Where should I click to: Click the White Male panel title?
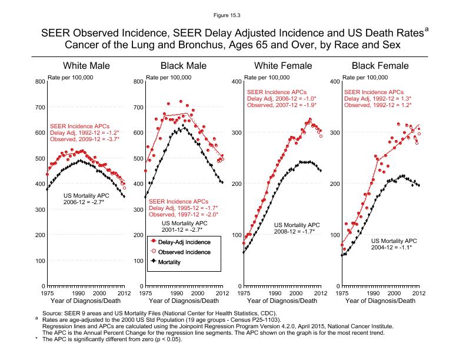coord(86,66)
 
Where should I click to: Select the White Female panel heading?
coord(282,66)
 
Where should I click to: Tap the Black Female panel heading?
coord(380,66)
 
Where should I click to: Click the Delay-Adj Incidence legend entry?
coord(179,241)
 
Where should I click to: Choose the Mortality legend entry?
coord(170,262)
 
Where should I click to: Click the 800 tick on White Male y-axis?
coord(39,81)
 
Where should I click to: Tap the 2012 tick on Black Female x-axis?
coord(419,292)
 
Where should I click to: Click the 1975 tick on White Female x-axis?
coord(243,292)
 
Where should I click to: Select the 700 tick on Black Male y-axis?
coord(138,107)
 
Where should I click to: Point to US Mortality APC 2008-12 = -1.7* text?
coord(297,228)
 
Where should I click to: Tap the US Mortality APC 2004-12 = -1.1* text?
coord(394,244)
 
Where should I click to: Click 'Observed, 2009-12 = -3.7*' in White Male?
coord(85,139)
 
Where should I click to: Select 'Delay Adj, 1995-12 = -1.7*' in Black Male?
coord(184,208)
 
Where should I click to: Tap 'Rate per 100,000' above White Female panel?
coord(267,77)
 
